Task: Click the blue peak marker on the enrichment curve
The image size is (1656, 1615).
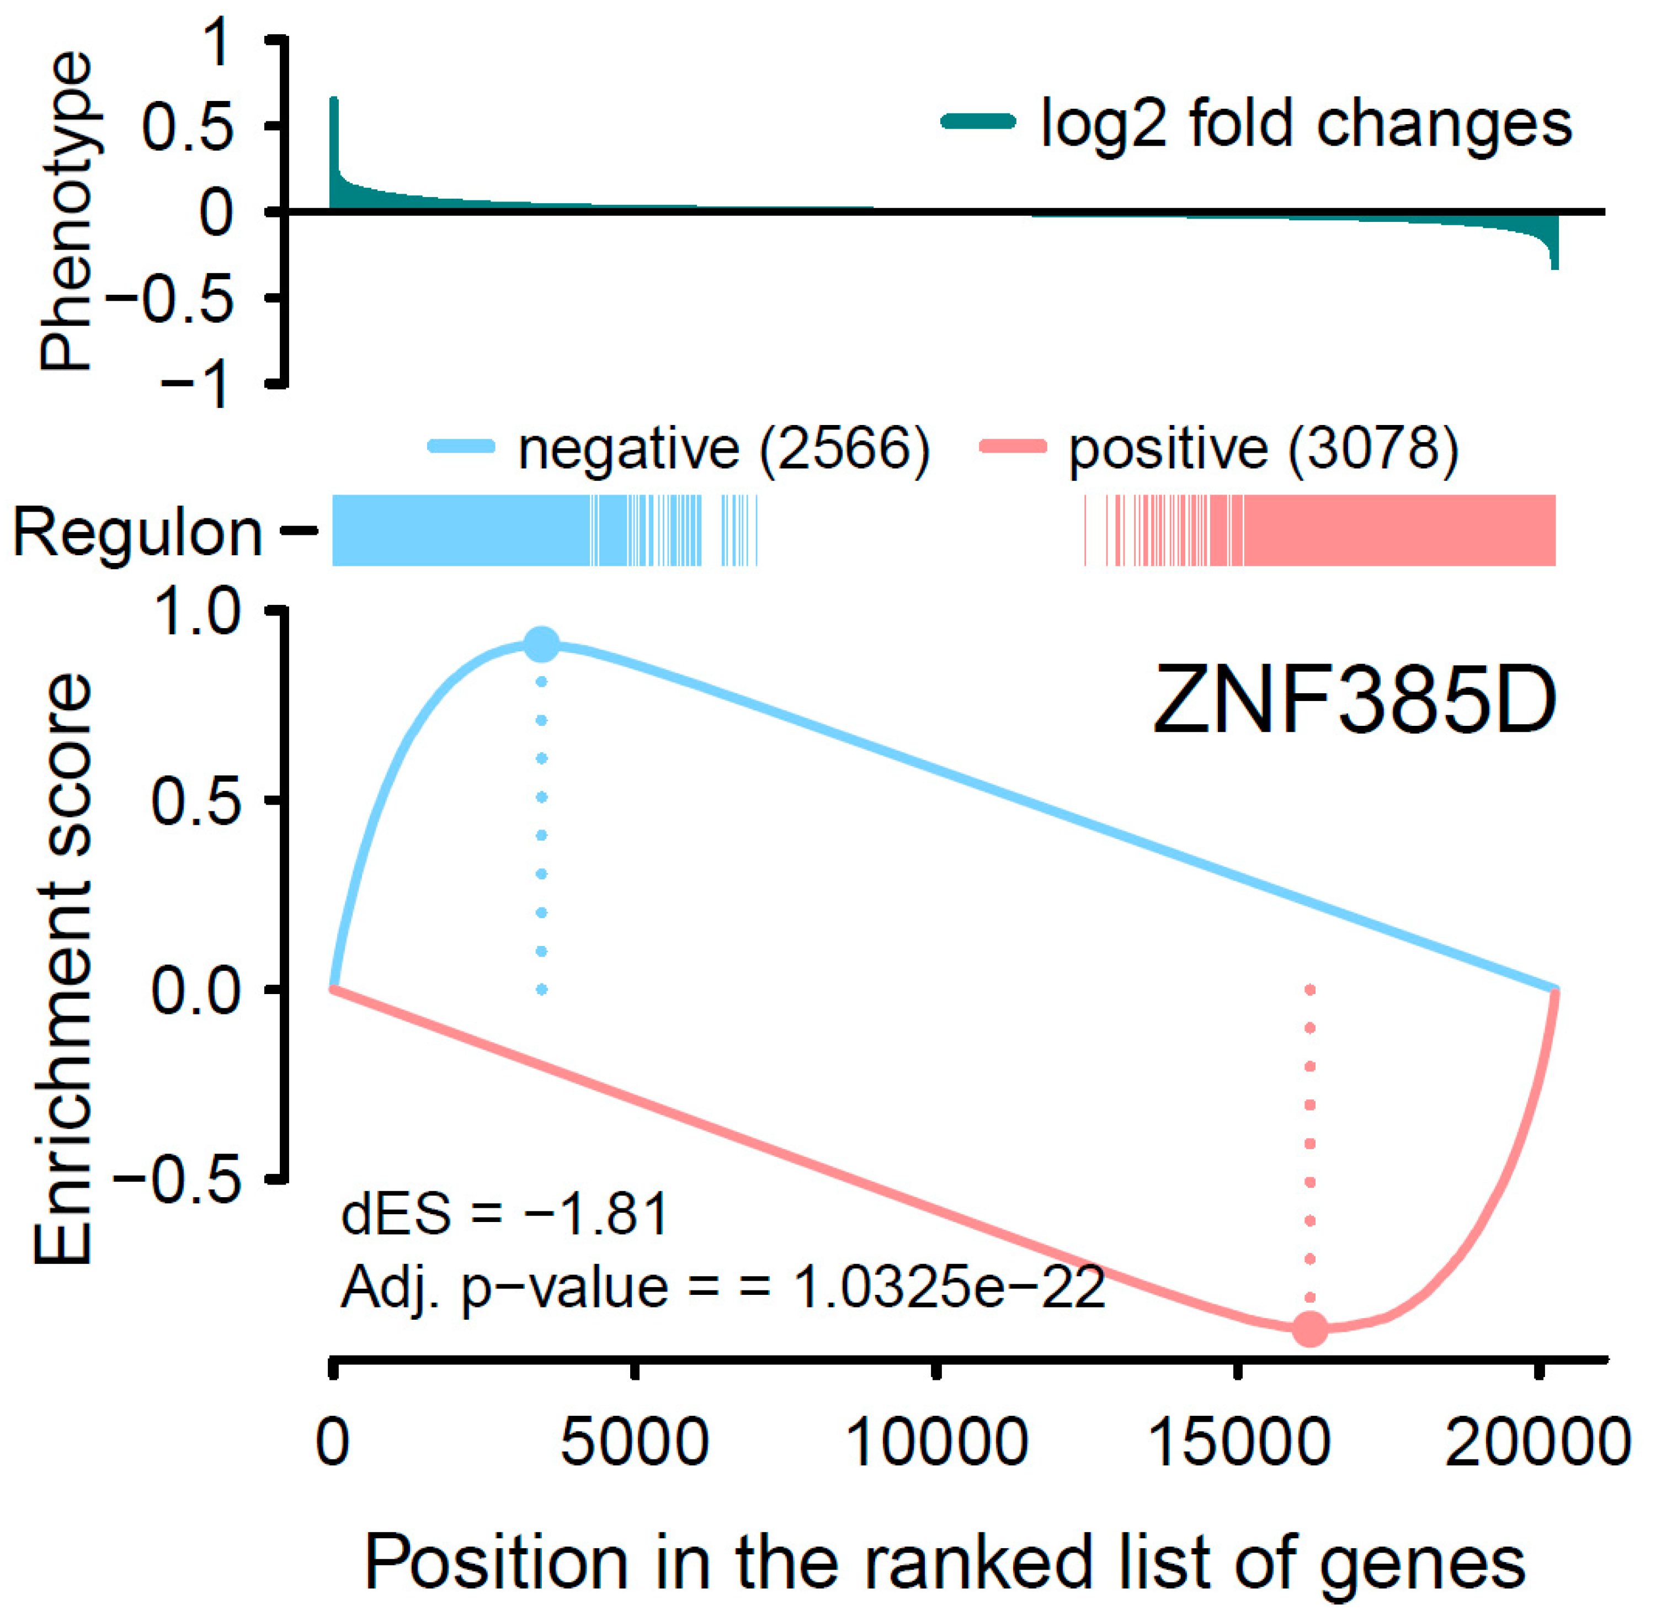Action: [542, 645]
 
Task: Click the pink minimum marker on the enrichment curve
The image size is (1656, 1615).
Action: [1310, 1329]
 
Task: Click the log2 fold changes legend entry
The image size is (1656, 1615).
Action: [1306, 124]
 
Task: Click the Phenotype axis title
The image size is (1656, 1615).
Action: [66, 212]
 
